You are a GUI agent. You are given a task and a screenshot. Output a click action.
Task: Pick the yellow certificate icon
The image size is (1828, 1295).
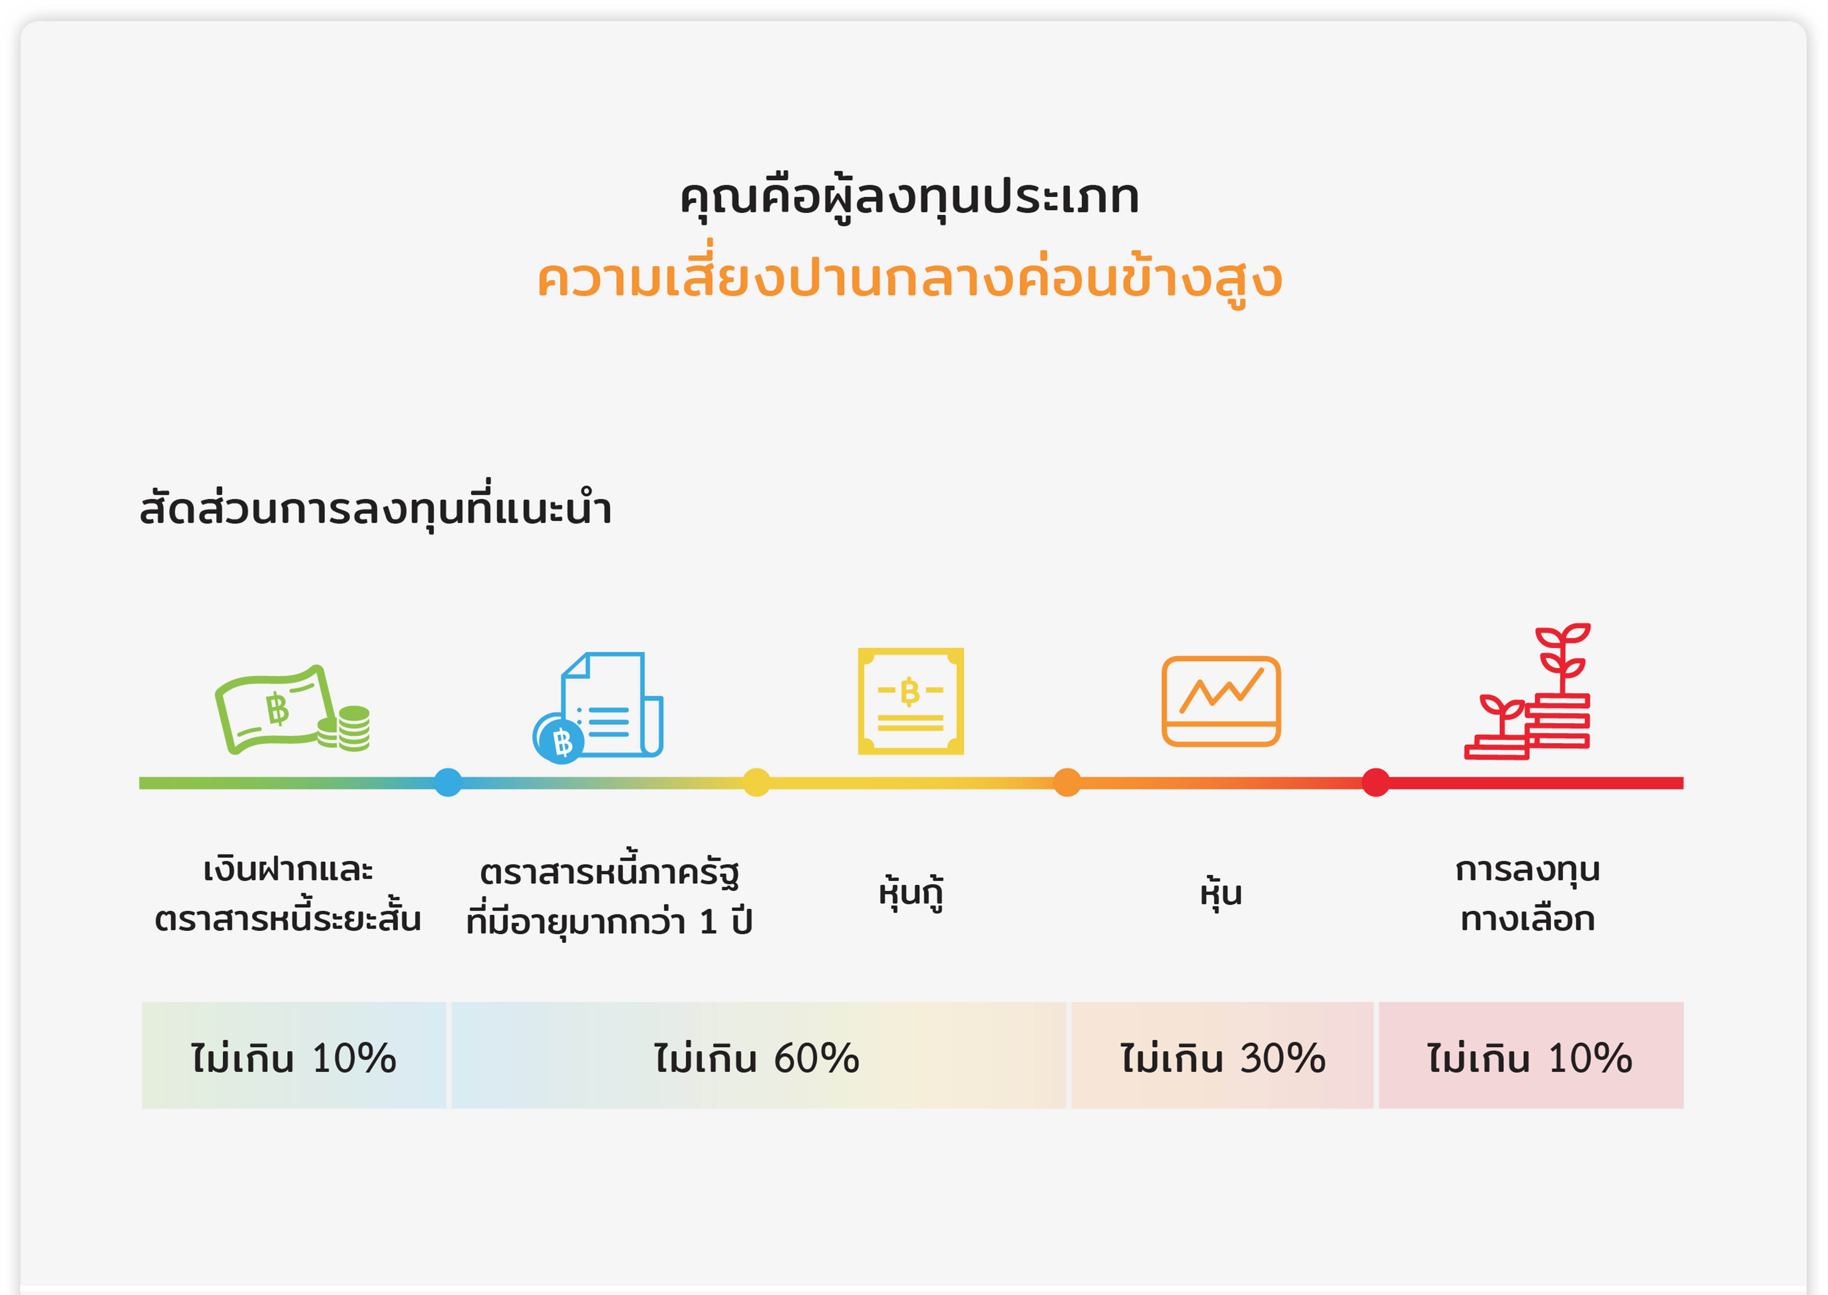click(911, 701)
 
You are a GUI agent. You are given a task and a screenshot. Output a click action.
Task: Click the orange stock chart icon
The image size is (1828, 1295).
click(1221, 701)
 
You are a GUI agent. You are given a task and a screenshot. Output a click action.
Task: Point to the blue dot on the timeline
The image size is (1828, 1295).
click(448, 782)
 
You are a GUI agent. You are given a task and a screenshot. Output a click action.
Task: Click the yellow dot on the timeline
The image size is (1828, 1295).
click(756, 782)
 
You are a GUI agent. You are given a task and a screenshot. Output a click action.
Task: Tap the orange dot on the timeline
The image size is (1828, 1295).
click(1067, 782)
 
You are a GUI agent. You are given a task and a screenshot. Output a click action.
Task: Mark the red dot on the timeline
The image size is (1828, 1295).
click(1376, 782)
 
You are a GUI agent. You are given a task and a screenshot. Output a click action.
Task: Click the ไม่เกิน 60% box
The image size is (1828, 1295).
click(758, 1055)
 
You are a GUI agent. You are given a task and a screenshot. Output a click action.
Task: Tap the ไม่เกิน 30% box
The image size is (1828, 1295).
click(1222, 1055)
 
